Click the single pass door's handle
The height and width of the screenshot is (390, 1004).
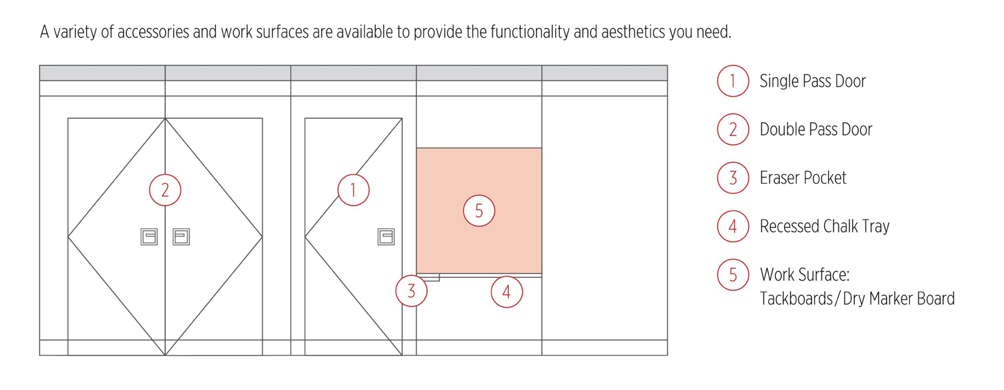[x=386, y=236]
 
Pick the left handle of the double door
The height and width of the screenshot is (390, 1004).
[x=149, y=236]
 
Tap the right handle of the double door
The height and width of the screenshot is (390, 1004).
[x=181, y=236]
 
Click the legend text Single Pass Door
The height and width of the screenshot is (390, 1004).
[x=812, y=81]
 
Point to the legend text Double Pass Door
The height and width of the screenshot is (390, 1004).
[x=816, y=129]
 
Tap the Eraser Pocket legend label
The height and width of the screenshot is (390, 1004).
[x=803, y=178]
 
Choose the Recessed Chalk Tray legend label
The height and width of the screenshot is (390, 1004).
[x=824, y=226]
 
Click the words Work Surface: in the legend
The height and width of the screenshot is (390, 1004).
[x=804, y=275]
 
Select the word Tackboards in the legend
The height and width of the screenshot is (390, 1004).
[x=796, y=299]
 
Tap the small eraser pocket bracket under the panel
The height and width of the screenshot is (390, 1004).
[x=429, y=277]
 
